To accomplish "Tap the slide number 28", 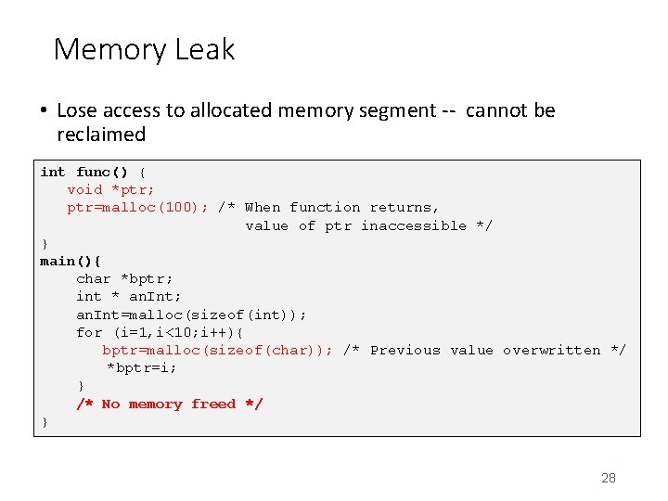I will click(x=609, y=478).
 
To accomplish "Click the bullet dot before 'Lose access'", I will click(x=44, y=111).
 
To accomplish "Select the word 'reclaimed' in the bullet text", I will click(x=101, y=135).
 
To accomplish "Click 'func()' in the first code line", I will click(x=102, y=172).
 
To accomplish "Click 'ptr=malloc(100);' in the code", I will click(x=137, y=207).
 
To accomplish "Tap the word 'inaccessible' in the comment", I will click(x=413, y=225).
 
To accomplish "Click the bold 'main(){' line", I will click(x=71, y=261).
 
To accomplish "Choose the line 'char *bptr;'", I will click(x=124, y=278).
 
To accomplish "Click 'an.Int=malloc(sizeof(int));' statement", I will click(x=191, y=315).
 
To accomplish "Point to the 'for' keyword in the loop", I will click(x=89, y=332).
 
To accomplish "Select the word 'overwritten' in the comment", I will click(x=551, y=350).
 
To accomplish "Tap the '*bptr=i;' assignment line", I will click(x=142, y=367).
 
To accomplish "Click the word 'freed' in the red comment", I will click(x=213, y=404).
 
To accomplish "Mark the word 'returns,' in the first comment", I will click(x=405, y=207).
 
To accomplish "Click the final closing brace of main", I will click(x=45, y=422).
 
